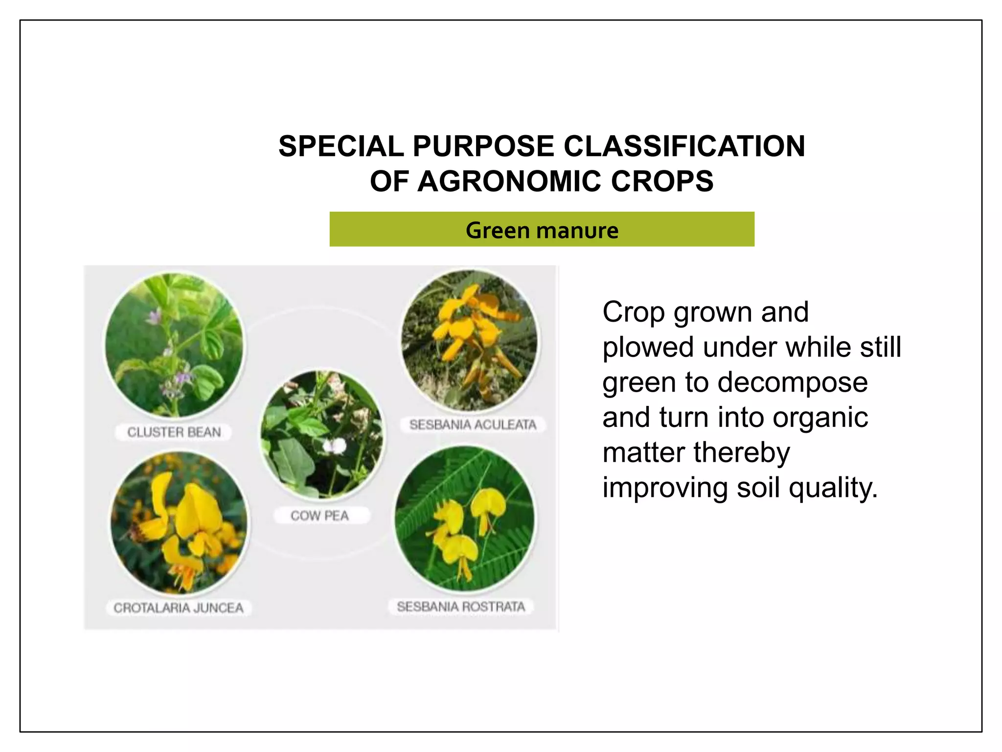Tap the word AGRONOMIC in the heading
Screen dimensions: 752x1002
click(x=509, y=182)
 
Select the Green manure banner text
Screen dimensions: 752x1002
click(x=542, y=230)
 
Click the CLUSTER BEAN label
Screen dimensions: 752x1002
click(x=174, y=432)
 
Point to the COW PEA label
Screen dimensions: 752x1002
click(x=320, y=516)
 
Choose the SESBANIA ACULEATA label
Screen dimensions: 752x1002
click(x=473, y=424)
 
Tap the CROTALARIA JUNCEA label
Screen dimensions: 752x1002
click(x=179, y=608)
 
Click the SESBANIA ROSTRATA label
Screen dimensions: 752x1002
click(x=461, y=607)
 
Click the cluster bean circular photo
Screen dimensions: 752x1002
click(x=175, y=346)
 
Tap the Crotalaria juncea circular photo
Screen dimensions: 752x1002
click(x=179, y=523)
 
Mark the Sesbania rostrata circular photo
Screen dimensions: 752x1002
click(x=464, y=518)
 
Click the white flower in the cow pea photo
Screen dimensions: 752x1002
click(x=335, y=446)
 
